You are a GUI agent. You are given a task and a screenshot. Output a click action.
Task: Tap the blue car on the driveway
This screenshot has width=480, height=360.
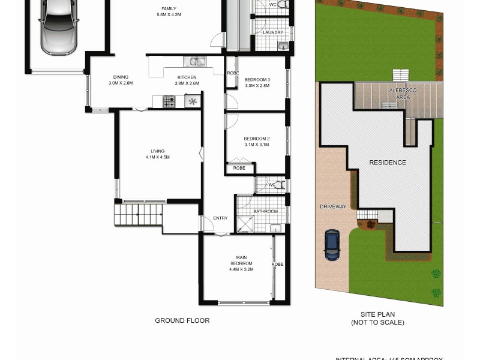pyautogui.click(x=332, y=245)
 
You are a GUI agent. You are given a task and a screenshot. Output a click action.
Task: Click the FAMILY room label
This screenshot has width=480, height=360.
pyautogui.click(x=169, y=8)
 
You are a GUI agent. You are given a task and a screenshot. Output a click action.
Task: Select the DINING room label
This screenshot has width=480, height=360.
pyautogui.click(x=121, y=77)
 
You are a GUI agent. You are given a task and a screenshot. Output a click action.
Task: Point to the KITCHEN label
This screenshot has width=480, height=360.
pyautogui.click(x=187, y=77)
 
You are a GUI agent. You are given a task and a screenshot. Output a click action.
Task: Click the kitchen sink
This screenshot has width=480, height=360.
pyautogui.click(x=195, y=61)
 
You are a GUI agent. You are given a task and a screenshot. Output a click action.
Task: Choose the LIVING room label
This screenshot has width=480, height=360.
pyautogui.click(x=157, y=151)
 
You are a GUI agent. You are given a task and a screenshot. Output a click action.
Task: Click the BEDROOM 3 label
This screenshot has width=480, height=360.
pyautogui.click(x=257, y=80)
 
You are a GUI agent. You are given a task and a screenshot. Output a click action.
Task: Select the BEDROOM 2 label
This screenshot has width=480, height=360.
pyautogui.click(x=257, y=139)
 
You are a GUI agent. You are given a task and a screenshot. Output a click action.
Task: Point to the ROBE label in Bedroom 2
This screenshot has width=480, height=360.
pyautogui.click(x=239, y=169)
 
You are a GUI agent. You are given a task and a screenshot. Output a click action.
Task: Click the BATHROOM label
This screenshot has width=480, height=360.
pyautogui.click(x=265, y=211)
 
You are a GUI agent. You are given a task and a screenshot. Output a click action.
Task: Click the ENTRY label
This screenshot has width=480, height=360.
pyautogui.click(x=220, y=218)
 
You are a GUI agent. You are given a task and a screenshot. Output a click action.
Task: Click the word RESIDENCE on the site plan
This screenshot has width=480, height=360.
pyautogui.click(x=387, y=163)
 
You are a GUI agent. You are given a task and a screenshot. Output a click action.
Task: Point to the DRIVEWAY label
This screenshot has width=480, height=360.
pyautogui.click(x=333, y=207)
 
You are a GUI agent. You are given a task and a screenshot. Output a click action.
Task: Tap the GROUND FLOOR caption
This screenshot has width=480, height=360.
pyautogui.click(x=182, y=321)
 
